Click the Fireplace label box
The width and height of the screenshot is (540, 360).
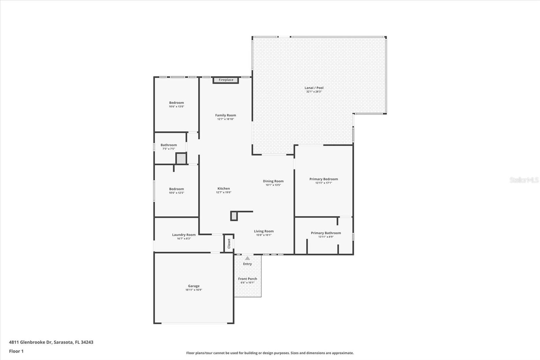pos(226,80)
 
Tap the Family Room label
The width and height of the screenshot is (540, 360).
pos(225,115)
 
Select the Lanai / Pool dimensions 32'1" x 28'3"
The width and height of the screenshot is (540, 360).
pos(314,92)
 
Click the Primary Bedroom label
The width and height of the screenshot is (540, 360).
pos(323,179)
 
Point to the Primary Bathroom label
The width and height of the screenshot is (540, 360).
pos(326,233)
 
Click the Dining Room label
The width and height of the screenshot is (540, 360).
pos(273,181)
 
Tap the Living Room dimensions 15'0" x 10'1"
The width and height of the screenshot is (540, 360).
pos(264,235)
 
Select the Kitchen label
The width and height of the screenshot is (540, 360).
pos(223,188)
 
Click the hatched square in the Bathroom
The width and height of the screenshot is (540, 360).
pos(181,158)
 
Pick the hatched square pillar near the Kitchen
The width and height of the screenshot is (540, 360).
pos(234,216)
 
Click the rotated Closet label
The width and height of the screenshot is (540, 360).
pos(229,243)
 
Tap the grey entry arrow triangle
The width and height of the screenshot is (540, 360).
pos(247,258)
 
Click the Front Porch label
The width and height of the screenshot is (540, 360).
pos(247,279)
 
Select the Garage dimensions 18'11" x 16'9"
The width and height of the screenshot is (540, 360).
pos(194,290)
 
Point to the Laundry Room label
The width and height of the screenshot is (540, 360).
pos(184,235)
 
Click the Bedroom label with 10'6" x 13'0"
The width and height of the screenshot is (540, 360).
pos(177,103)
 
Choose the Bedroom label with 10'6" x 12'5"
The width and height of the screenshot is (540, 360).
pos(177,189)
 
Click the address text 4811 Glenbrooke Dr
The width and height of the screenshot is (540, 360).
pos(30,342)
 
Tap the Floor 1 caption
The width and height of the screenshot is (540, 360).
pos(16,351)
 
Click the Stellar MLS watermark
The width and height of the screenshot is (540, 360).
pos(524,180)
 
